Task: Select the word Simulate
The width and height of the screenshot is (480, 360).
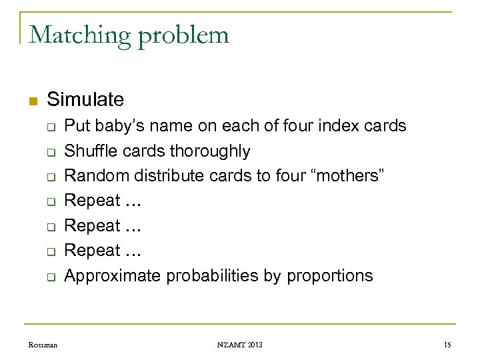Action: click(x=85, y=100)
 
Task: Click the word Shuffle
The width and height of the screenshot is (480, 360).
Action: click(x=88, y=151)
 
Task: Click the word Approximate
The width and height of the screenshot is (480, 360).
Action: click(x=113, y=275)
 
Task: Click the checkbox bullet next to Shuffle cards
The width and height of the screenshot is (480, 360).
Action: click(x=49, y=152)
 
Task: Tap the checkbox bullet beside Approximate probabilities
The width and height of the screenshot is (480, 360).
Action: click(x=49, y=276)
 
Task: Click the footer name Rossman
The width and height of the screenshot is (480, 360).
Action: click(x=43, y=345)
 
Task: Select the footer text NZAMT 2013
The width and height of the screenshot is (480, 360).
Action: click(x=239, y=345)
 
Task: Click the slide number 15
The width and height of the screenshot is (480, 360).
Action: click(x=449, y=345)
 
